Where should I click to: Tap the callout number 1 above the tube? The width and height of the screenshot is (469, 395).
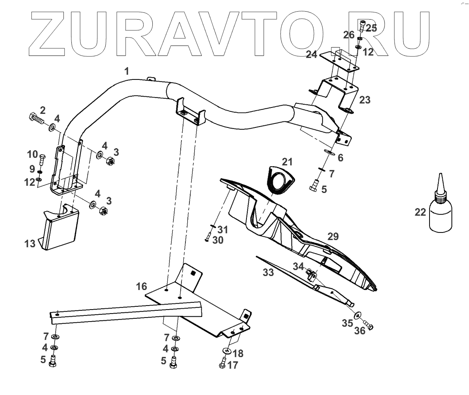coord(127,71)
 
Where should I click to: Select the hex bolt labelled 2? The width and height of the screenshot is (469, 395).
coord(37,118)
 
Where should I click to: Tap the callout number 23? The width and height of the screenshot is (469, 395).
coord(365,100)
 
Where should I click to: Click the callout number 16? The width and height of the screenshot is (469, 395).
coord(141,286)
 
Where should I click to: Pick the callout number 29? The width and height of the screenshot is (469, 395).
coord(333,236)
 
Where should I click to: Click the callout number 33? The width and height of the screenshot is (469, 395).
coord(268,273)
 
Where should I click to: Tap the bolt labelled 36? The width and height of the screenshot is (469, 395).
coord(368,326)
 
